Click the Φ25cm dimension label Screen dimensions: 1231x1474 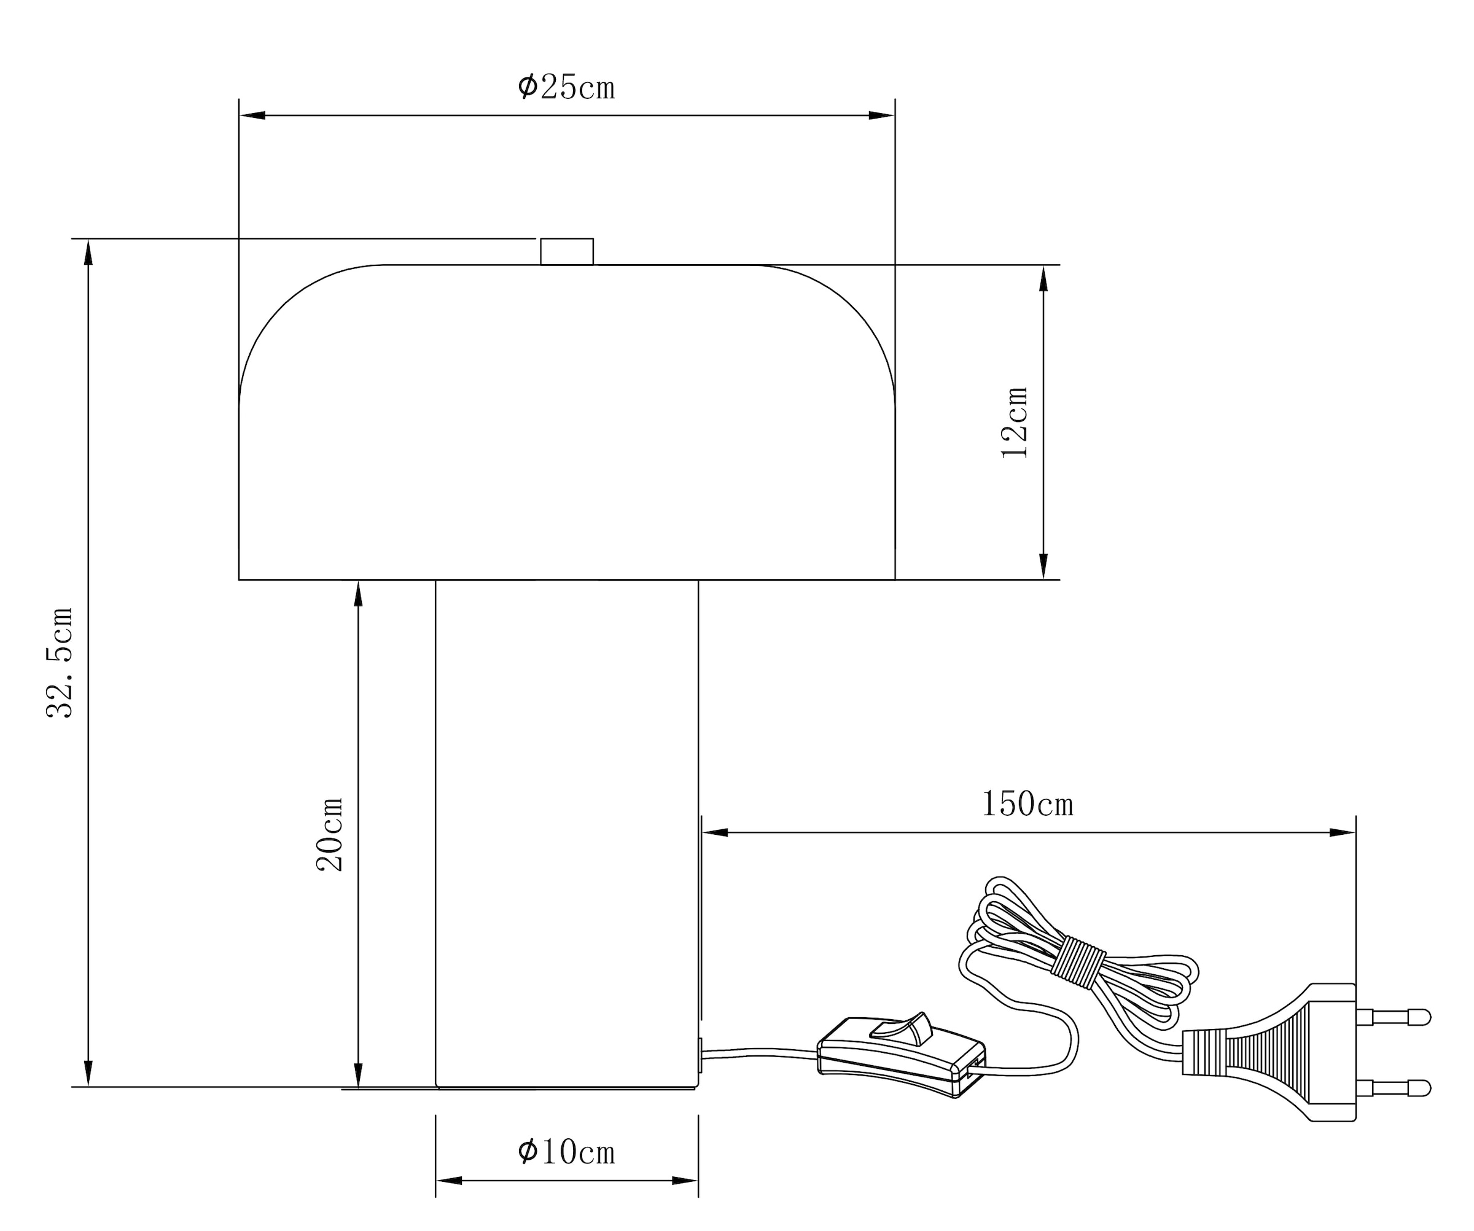click(566, 88)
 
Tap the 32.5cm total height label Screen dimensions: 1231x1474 click(60, 663)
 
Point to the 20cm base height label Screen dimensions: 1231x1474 click(330, 834)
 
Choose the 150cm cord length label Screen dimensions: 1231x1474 click(1027, 804)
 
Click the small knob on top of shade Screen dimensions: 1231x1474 click(566, 252)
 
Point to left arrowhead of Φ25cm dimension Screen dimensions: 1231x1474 click(251, 115)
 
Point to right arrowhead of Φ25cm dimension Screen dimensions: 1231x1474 click(883, 115)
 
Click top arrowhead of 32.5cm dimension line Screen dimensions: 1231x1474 click(88, 252)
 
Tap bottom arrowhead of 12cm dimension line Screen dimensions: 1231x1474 click(1043, 566)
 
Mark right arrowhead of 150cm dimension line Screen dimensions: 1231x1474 click(1342, 832)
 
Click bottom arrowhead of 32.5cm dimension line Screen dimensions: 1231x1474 click(88, 1073)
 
